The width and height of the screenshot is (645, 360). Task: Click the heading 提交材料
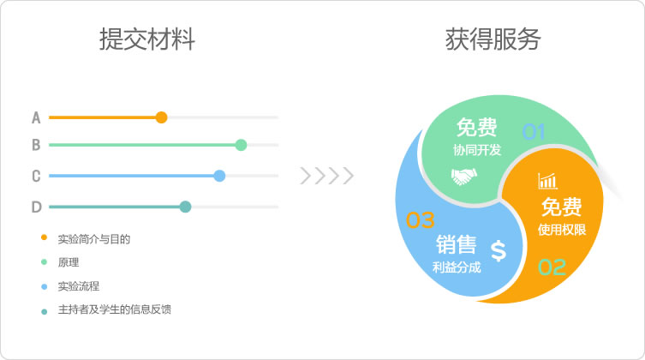tap(147, 39)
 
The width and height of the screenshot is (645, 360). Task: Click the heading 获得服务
tap(493, 39)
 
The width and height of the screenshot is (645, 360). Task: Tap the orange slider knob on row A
tap(162, 117)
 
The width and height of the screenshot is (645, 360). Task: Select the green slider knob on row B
tap(241, 145)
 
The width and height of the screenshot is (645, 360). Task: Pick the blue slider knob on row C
tap(219, 176)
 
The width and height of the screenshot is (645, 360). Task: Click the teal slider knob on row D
tap(186, 207)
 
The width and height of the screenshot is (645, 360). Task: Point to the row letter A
tap(36, 117)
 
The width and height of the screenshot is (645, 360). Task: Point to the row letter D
tap(37, 207)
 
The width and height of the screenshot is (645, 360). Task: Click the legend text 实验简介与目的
tap(93, 239)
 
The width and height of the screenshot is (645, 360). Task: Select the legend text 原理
tap(69, 262)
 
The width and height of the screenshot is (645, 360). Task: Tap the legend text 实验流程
tap(79, 286)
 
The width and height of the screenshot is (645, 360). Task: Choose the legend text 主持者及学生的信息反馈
tap(115, 309)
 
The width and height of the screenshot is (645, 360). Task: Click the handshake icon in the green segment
tap(463, 177)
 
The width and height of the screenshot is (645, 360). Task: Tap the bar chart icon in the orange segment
tap(547, 181)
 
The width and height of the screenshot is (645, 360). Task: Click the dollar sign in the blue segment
tap(499, 250)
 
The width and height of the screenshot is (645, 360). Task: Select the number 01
tap(534, 132)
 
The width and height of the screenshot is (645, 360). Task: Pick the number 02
tap(552, 267)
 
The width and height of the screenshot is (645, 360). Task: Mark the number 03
tap(420, 220)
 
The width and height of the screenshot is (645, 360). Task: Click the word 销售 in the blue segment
tap(457, 245)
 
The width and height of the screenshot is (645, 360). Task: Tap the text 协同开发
tap(477, 150)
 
